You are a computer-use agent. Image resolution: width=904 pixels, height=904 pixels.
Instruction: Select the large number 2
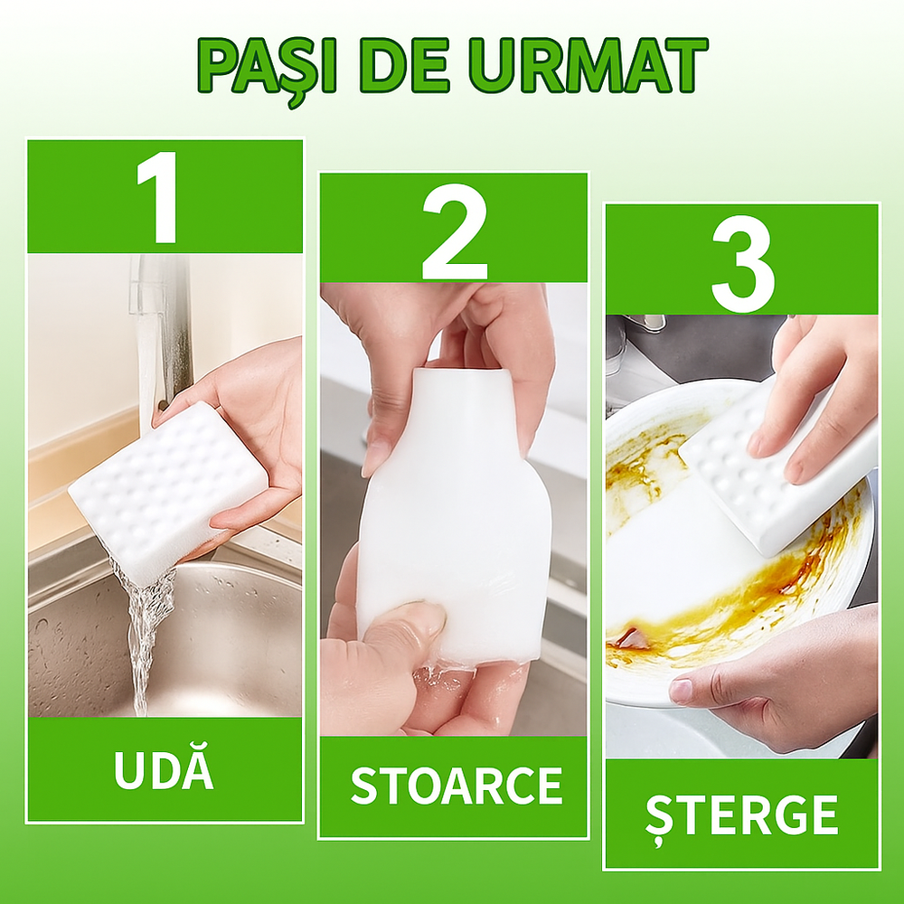click(454, 231)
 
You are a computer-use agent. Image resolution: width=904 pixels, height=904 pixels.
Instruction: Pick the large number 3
click(742, 263)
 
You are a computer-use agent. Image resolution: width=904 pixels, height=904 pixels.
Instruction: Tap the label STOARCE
click(456, 786)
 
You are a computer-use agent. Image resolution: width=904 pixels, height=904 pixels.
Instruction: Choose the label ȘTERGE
click(742, 815)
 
